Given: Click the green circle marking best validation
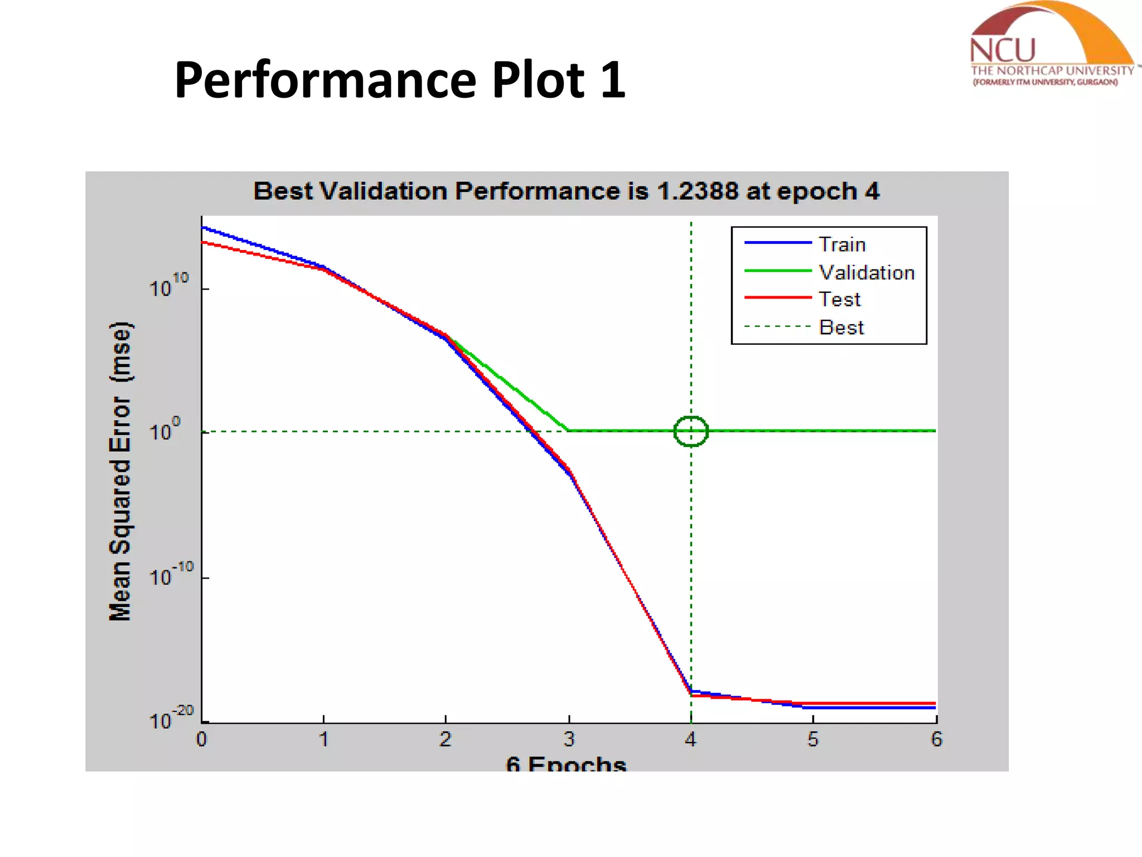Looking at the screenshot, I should pyautogui.click(x=691, y=431).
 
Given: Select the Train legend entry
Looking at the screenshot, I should pyautogui.click(x=842, y=244).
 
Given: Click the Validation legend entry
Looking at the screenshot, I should pyautogui.click(x=867, y=272).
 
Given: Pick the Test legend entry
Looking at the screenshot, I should pyautogui.click(x=840, y=300).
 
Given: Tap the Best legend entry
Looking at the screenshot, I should pyautogui.click(x=841, y=327).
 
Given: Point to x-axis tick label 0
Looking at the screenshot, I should pyautogui.click(x=201, y=739).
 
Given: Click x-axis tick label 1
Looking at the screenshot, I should pyautogui.click(x=323, y=739).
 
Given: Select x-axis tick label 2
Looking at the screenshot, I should pyautogui.click(x=445, y=739).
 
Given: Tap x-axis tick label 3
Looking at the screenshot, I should pyautogui.click(x=569, y=739).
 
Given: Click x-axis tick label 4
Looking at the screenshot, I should pyautogui.click(x=691, y=739).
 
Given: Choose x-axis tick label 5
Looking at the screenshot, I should pyautogui.click(x=813, y=739).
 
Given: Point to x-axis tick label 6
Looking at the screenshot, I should pyautogui.click(x=936, y=739).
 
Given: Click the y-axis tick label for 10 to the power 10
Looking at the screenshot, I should pyautogui.click(x=169, y=285).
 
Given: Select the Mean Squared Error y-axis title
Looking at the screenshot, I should pyautogui.click(x=120, y=471).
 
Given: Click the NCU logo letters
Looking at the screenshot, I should pyautogui.click(x=1003, y=50).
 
